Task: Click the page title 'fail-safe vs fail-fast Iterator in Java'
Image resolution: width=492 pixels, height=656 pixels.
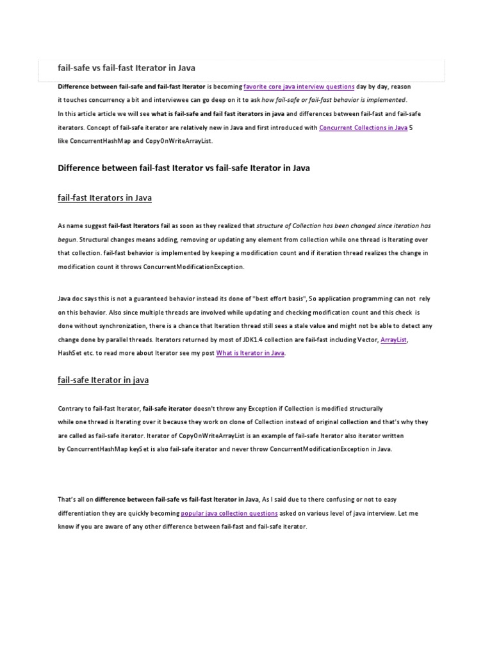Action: coord(127,68)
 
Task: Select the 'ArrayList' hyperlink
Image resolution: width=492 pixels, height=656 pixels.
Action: coord(393,340)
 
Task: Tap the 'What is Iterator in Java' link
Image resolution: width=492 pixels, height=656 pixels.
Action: coord(250,353)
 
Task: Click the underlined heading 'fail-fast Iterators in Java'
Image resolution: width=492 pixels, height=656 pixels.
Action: coord(105,198)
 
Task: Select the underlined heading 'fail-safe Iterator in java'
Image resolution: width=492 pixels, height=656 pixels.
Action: coord(103,380)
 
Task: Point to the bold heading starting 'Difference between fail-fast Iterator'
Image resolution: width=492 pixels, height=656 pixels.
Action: coord(184,168)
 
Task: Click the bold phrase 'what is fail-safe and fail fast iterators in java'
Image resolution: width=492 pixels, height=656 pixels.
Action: coord(218,114)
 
